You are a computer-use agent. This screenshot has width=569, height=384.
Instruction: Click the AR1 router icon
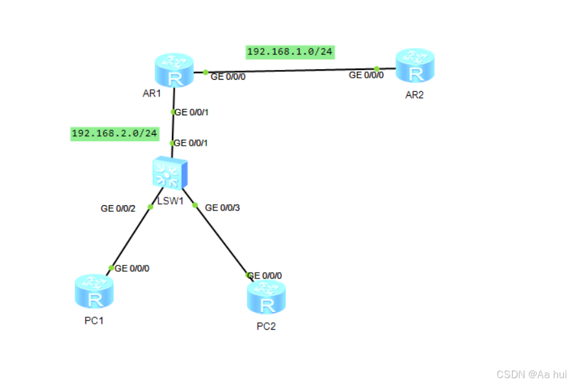[x=174, y=71]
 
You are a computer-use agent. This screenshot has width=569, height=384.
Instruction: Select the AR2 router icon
[x=415, y=66]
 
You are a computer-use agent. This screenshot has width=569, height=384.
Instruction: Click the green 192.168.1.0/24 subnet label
[x=290, y=51]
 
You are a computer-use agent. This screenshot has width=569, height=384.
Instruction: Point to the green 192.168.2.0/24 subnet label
[x=114, y=133]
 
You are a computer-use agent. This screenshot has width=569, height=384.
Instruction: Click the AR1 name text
[x=151, y=94]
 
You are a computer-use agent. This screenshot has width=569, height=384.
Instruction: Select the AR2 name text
[x=414, y=95]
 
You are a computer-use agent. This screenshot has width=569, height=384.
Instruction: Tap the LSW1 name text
[x=171, y=201]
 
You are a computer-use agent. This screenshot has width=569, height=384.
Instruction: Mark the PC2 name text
[x=266, y=326]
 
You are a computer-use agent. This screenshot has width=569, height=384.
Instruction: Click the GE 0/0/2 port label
[x=118, y=209]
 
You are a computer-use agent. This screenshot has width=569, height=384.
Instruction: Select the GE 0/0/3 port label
[x=222, y=208]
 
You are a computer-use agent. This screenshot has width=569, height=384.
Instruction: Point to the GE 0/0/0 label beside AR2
[x=366, y=75]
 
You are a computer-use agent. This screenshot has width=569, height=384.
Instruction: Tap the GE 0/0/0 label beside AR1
[x=228, y=76]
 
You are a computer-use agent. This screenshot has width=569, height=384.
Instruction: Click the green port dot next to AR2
[x=376, y=69]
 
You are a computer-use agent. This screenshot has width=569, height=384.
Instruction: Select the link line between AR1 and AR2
[x=291, y=70]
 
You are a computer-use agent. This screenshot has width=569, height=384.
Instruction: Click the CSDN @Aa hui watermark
[x=531, y=374]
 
